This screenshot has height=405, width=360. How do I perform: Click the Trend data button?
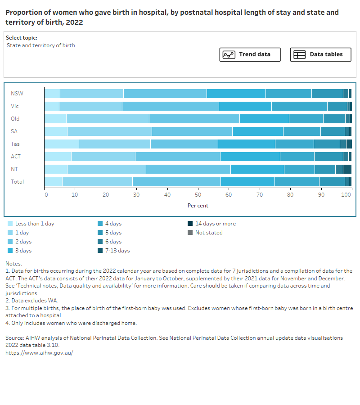[x=250, y=54]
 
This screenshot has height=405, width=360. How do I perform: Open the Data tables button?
[x=320, y=54]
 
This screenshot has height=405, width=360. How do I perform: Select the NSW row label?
[x=17, y=94]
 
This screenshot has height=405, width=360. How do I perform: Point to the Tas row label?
[x=15, y=144]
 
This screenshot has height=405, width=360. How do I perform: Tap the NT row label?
[x=15, y=169]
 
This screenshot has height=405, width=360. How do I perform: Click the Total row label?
[x=17, y=182]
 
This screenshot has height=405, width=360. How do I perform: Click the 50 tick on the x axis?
[x=198, y=195]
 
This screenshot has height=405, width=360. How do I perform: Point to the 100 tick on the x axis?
[x=346, y=195]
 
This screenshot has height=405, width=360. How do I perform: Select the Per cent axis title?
[x=198, y=206]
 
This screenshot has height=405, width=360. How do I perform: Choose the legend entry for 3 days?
[x=23, y=251]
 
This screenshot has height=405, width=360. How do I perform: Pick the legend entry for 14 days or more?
[x=215, y=224]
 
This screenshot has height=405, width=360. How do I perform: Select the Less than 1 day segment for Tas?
[x=62, y=144]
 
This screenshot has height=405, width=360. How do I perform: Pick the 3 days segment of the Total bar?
[x=247, y=182]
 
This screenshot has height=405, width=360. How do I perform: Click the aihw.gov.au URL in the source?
[x=39, y=353]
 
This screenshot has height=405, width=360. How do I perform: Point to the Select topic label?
[x=22, y=38]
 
